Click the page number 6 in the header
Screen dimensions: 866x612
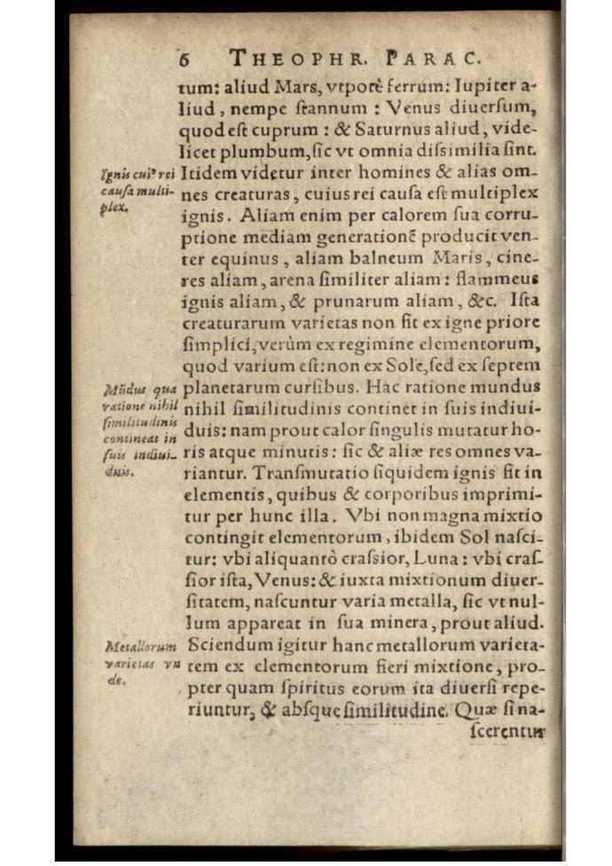[x=185, y=59]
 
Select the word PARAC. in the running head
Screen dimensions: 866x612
[x=433, y=59]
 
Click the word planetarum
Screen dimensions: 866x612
[x=227, y=387]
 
